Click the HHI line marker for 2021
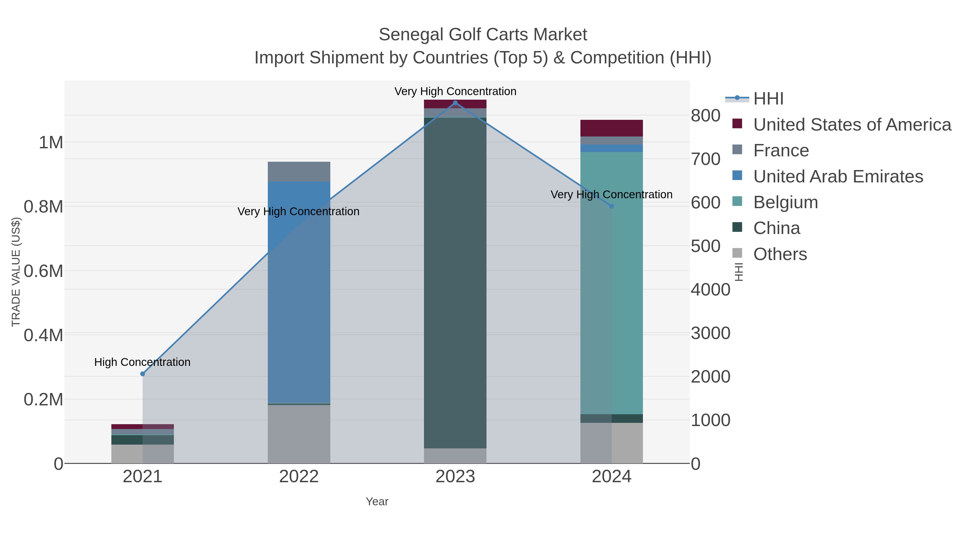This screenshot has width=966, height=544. coord(142,374)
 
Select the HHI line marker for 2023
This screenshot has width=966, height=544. coord(455,103)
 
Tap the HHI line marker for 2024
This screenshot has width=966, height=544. coord(612,206)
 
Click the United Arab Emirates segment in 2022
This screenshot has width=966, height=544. coord(299,293)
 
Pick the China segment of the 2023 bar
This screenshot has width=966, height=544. coord(455,282)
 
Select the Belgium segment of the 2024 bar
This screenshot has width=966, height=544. coord(612,282)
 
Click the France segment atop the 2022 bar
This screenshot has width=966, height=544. coord(299,172)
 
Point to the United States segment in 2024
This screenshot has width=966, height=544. coord(612,128)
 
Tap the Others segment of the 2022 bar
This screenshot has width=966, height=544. coord(299,434)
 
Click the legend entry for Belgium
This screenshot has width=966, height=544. coord(786,202)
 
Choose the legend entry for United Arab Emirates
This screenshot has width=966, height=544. coord(838,176)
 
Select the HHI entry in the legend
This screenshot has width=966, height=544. coord(768,99)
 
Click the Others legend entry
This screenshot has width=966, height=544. coord(780,254)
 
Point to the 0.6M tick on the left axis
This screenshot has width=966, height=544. coord(43,271)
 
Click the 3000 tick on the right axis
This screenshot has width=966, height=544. coord(710,333)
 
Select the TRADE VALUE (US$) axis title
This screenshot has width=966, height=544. coord(16,272)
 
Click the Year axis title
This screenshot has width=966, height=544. coord(377,502)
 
